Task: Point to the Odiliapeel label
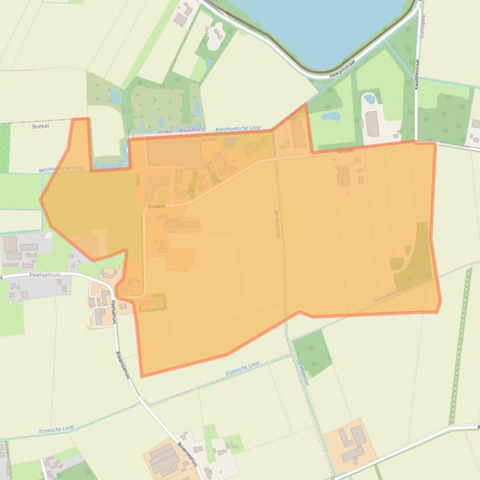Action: pos(422,25)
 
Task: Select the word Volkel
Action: pos(165,131)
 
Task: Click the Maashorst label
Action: pos(191,130)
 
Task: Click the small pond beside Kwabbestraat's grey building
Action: pos(369,98)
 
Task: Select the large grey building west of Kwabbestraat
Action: pos(372,123)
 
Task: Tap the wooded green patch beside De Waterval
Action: pos(312,353)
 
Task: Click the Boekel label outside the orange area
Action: pos(40,126)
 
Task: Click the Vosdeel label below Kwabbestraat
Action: pos(345,151)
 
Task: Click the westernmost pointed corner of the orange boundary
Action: pos(41,200)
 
